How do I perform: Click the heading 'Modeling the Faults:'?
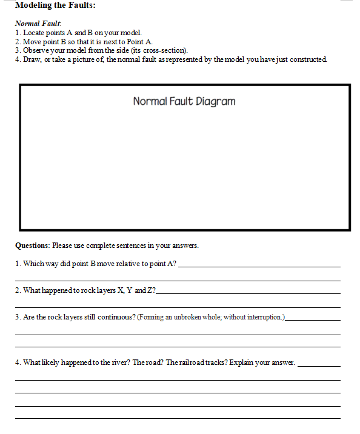pyautogui.click(x=55, y=5)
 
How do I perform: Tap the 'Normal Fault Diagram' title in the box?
pyautogui.click(x=184, y=101)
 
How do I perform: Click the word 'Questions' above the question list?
pyautogui.click(x=32, y=246)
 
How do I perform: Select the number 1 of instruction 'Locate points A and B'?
pyautogui.click(x=17, y=32)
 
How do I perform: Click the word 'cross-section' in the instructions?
pyautogui.click(x=164, y=50)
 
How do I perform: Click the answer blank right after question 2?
pyautogui.click(x=248, y=292)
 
